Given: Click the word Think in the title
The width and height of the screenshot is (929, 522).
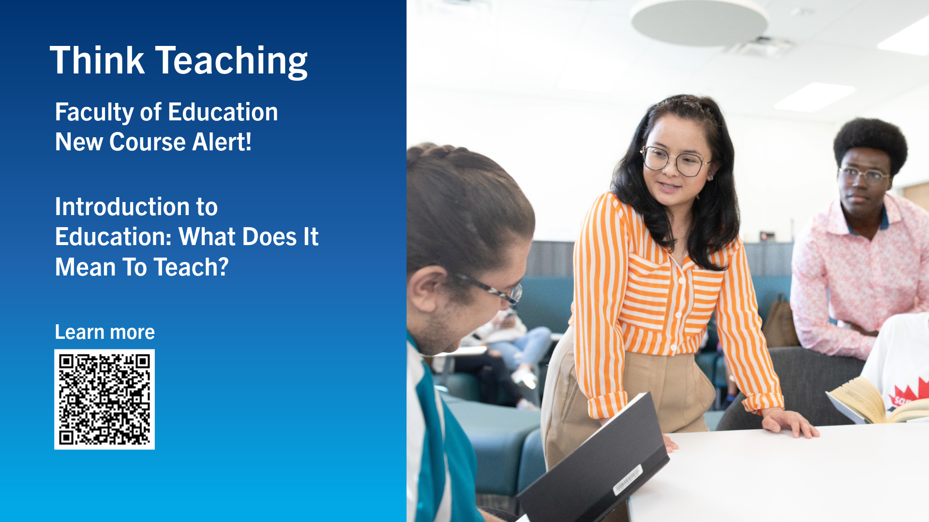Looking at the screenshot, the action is click(97, 60).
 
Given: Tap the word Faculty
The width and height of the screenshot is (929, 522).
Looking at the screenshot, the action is click(94, 113).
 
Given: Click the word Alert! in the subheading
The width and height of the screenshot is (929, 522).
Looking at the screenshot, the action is click(222, 142).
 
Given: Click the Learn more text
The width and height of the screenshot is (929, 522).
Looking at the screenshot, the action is click(105, 332).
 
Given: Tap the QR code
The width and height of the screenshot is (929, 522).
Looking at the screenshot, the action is click(105, 399).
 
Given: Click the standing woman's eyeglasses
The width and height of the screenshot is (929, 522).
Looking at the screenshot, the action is click(674, 161).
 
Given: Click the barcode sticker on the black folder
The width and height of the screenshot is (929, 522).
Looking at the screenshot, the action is click(628, 479).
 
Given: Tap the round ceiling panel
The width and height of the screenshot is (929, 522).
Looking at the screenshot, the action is click(699, 22).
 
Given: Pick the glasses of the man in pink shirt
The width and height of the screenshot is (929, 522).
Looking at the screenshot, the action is click(865, 175).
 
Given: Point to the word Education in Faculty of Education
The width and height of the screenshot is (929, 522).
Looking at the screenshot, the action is click(223, 112).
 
